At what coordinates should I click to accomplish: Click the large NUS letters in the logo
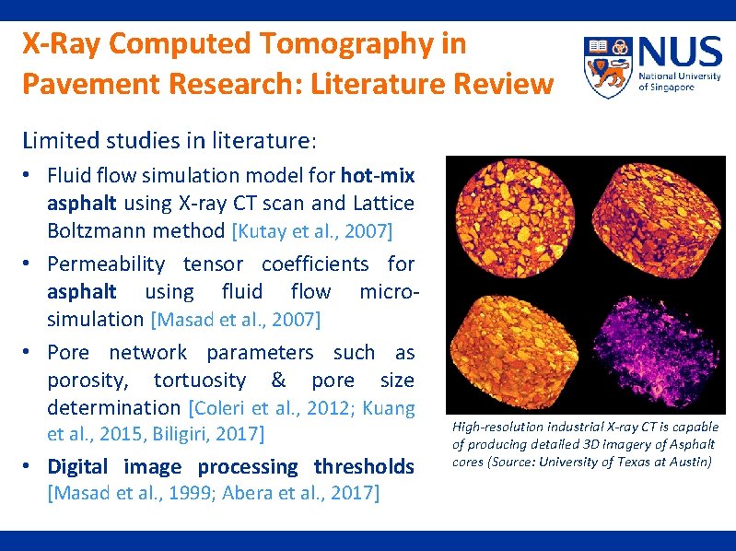tap(679, 51)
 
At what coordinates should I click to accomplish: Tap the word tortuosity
tap(200, 381)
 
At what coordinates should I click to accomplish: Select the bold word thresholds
tap(364, 466)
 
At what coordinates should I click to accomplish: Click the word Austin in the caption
tap(691, 462)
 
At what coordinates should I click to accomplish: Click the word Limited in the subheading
tap(57, 141)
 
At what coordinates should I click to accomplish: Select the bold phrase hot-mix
tap(378, 175)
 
